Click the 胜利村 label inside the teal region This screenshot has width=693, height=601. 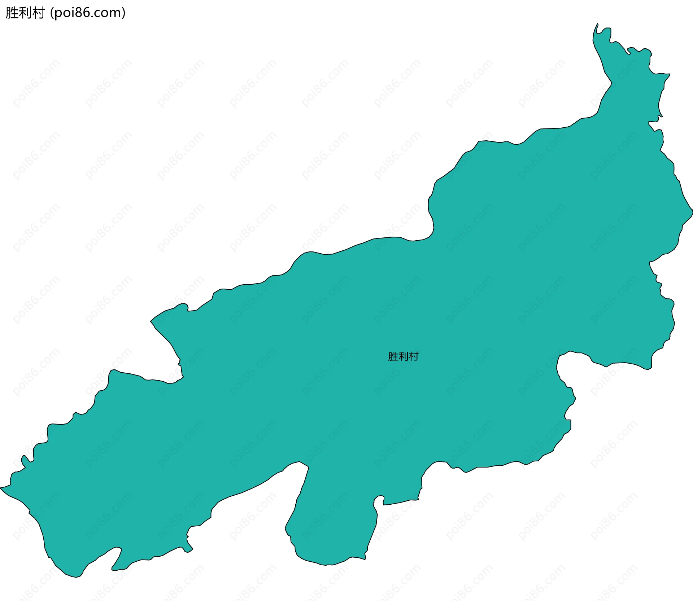[403, 356]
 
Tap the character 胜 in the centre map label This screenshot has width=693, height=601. [393, 356]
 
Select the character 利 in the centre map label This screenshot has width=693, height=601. [403, 356]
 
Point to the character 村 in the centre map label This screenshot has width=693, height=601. [414, 356]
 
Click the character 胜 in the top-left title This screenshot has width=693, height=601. [12, 13]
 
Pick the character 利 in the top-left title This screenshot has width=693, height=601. [25, 13]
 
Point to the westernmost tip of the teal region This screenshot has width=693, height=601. [1, 488]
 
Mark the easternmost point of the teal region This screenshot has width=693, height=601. [692, 213]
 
